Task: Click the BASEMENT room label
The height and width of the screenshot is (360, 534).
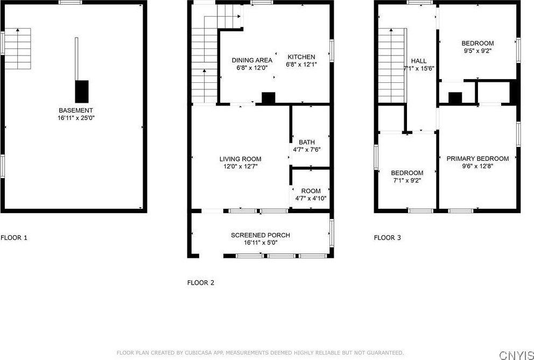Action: [x=75, y=110]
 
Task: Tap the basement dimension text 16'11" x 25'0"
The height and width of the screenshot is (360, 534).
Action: [x=75, y=118]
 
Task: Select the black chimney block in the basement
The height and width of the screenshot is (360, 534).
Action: [x=82, y=91]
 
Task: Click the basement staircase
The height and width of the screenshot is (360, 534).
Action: [x=18, y=49]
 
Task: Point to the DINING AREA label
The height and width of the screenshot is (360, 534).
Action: [x=252, y=60]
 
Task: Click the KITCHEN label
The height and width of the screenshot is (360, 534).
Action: [x=301, y=57]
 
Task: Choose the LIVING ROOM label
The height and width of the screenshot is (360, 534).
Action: [x=241, y=159]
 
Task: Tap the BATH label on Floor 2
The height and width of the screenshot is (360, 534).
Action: [x=307, y=142]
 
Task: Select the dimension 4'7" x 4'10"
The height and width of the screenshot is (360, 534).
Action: [x=311, y=198]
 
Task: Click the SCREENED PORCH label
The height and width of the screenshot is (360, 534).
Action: [x=261, y=235]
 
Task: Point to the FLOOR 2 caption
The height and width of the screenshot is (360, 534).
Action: [x=201, y=283]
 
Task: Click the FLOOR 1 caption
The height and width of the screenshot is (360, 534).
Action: [x=13, y=238]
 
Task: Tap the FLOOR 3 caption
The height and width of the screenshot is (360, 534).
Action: [x=388, y=238]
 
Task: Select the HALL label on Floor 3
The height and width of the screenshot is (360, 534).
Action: [x=419, y=61]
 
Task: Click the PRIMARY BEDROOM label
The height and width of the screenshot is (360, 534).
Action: [x=478, y=159]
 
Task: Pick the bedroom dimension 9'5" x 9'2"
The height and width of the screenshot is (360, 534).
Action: [x=477, y=51]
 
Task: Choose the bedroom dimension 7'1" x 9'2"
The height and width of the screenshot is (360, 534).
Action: [x=407, y=180]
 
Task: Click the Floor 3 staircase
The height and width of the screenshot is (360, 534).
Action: [x=392, y=66]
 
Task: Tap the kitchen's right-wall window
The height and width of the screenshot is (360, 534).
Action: [x=332, y=51]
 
